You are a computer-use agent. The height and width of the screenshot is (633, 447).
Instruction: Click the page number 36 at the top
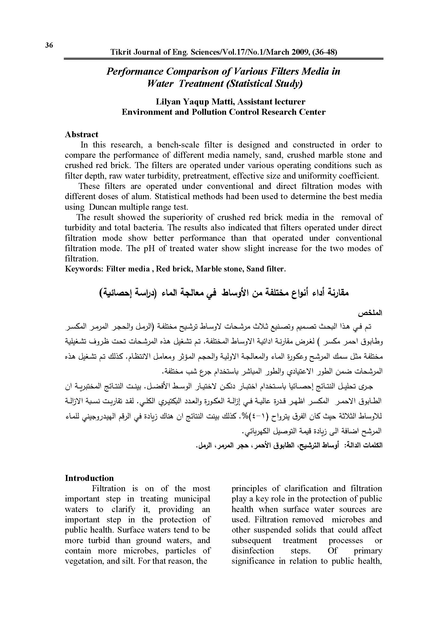[49, 45]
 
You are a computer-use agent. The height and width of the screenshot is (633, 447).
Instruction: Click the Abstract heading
[81, 134]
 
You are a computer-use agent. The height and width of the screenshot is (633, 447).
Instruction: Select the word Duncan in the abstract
[102, 207]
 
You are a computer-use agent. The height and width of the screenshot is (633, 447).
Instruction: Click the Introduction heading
[89, 478]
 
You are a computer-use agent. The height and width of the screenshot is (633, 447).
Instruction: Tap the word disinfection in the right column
[253, 550]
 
